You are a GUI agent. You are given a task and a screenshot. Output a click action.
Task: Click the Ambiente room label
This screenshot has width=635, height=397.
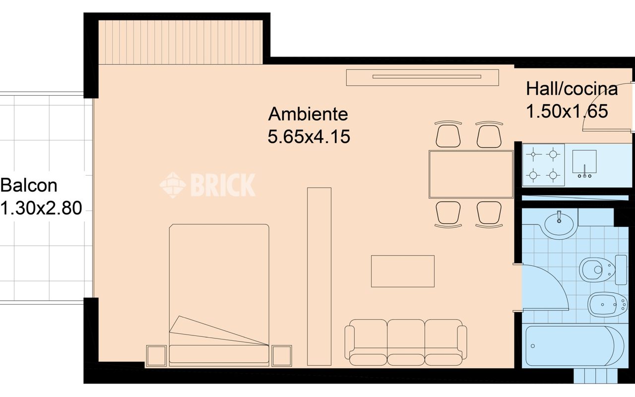(x=308, y=114)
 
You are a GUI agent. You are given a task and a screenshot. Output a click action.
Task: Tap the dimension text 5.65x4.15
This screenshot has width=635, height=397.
(x=309, y=136)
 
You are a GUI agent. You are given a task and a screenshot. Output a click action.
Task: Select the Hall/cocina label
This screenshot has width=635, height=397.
(x=572, y=89)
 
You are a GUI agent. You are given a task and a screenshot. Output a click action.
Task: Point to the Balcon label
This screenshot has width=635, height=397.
(x=29, y=186)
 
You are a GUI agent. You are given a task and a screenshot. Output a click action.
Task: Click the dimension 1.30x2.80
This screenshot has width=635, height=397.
(x=41, y=208)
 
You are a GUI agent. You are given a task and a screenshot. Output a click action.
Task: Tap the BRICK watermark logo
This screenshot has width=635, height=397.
(x=207, y=185)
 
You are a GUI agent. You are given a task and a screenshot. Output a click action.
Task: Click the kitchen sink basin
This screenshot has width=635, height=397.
(x=584, y=162)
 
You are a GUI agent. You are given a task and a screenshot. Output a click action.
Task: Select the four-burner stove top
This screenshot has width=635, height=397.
(x=543, y=165)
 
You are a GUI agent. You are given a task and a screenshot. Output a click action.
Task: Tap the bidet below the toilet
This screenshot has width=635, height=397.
(x=607, y=305)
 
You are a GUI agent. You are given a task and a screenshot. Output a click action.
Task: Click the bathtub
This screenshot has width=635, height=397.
(x=574, y=346)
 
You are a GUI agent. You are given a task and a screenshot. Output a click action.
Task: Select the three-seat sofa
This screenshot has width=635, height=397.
(x=406, y=342)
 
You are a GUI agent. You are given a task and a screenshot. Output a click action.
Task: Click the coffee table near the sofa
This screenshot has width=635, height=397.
(x=403, y=271)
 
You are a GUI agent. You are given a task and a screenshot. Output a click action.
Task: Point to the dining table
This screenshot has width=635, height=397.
(x=471, y=174)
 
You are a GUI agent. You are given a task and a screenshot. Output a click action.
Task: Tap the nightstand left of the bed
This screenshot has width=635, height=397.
(x=156, y=356)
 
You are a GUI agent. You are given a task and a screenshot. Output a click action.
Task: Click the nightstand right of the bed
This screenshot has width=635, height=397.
(x=281, y=356)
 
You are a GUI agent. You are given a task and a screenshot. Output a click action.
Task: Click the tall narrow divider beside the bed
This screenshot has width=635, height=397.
(x=319, y=276)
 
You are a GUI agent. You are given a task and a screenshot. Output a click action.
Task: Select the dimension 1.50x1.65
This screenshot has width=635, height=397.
(x=567, y=111)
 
